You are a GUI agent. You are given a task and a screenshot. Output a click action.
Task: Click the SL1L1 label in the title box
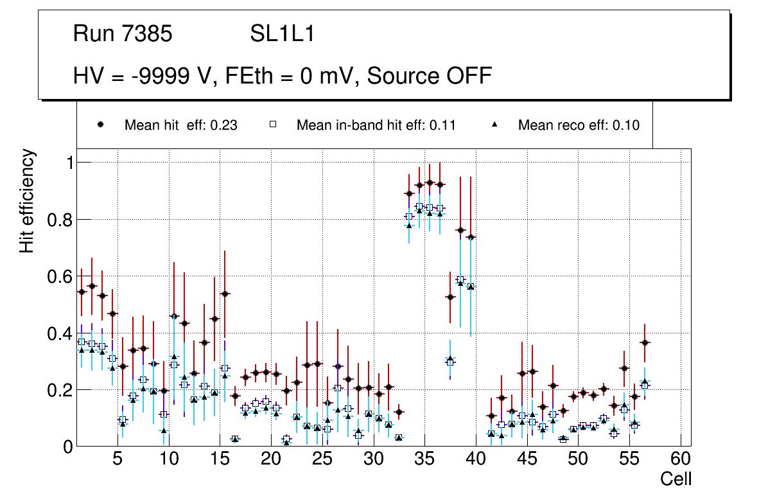coord(283,34)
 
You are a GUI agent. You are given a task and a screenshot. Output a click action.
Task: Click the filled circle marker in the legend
coord(101,125)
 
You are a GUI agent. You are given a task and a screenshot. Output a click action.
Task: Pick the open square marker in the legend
coord(273,125)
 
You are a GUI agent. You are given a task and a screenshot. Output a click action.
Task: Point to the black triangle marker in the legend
coord(495,125)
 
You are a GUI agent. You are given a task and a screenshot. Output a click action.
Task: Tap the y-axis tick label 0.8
coord(59,220)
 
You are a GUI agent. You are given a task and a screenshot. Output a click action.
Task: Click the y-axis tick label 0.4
coord(59,333)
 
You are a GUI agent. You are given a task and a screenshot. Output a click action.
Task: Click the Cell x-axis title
coord(676,479)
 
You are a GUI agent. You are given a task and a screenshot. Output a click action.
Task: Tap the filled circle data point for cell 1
coord(82,292)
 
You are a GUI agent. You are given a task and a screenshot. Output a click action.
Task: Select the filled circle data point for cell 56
coord(645,342)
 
